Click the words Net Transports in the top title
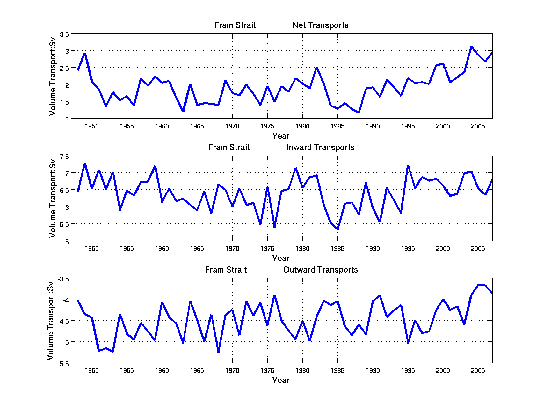click(x=320, y=25)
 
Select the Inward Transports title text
click(x=320, y=148)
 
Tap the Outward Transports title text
click(x=320, y=270)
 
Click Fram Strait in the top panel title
click(x=235, y=25)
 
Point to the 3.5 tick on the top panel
click(x=64, y=34)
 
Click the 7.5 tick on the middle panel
click(x=64, y=157)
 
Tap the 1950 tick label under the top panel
click(x=92, y=127)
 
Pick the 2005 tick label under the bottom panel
click(x=478, y=371)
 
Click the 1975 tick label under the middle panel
click(x=267, y=249)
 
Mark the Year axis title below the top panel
click(x=281, y=136)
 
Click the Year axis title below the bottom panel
click(x=281, y=381)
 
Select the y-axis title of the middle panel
click(x=53, y=198)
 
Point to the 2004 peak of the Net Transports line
click(x=471, y=47)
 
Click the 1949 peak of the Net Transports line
click(x=85, y=53)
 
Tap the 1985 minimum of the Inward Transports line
click(x=338, y=229)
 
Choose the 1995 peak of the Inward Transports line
click(x=408, y=165)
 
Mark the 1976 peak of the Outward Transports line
click(x=274, y=295)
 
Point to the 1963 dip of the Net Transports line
click(x=183, y=111)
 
